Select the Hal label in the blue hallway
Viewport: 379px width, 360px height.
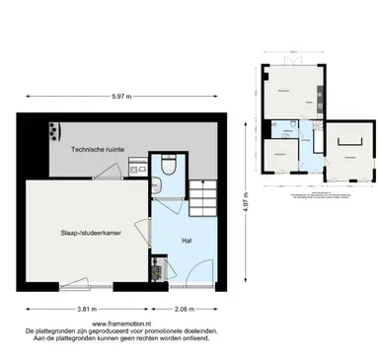point(186,240)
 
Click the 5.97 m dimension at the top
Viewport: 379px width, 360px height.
point(121,96)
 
